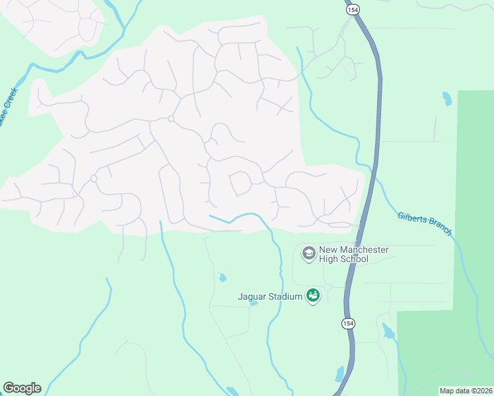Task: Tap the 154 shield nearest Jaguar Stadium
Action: pyautogui.click(x=348, y=323)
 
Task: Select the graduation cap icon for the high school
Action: pyautogui.click(x=308, y=253)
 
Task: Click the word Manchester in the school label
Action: pyautogui.click(x=364, y=249)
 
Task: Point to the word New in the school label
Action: pyautogui.click(x=328, y=249)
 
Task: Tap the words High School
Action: pyautogui.click(x=343, y=259)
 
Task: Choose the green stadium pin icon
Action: pyautogui.click(x=312, y=296)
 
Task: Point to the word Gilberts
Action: pyautogui.click(x=413, y=218)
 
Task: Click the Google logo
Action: pyautogui.click(x=22, y=388)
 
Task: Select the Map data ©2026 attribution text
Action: pyautogui.click(x=466, y=391)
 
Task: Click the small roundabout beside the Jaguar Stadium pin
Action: pyautogui.click(x=328, y=287)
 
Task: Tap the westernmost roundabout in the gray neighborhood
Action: pyautogui.click(x=94, y=179)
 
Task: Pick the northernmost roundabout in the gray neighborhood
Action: pyautogui.click(x=170, y=119)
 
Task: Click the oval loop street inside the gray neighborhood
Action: pyautogui.click(x=240, y=183)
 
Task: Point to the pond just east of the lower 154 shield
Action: pyautogui.click(x=388, y=331)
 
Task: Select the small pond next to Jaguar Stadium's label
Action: pyautogui.click(x=254, y=304)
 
